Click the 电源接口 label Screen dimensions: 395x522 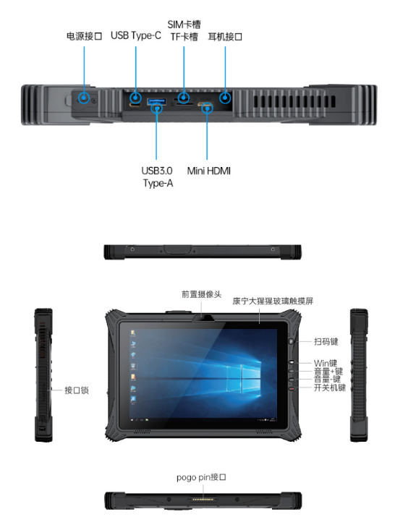point(84,36)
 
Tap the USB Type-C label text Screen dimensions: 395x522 point(136,35)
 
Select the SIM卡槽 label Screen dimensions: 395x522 point(184,25)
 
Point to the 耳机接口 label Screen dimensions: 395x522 point(225,36)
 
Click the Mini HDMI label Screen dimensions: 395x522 point(209,171)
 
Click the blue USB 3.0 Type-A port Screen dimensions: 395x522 point(156,100)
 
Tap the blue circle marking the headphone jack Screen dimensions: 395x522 point(225,98)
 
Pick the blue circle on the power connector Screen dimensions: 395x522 point(84,98)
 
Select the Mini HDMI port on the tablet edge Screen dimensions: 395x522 point(206,105)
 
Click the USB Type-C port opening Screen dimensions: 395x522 point(135,105)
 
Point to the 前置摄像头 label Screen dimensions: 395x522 point(202,294)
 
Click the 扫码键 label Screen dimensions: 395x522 point(326,341)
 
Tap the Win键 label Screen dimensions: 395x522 point(326,363)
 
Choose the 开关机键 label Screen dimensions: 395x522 point(330,388)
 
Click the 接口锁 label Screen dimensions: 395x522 point(77,390)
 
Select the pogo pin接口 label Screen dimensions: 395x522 point(201,477)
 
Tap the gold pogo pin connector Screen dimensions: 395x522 point(203,500)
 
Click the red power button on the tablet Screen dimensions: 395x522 point(292,388)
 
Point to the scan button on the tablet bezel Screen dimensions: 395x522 point(291,341)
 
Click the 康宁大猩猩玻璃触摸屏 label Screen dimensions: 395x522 point(273,301)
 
